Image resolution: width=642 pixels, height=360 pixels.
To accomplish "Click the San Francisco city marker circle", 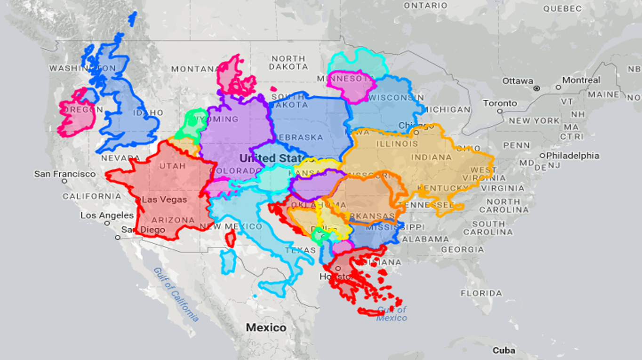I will tap(64, 181).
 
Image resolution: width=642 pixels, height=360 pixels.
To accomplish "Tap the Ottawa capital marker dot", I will tap(537, 88).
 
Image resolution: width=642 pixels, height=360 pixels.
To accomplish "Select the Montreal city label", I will tap(581, 80).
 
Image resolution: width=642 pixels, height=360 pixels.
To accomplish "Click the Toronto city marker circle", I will tap(500, 112).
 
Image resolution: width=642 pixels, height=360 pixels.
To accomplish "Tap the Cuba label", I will tap(504, 350).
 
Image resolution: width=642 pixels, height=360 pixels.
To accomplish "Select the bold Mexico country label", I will tap(266, 327).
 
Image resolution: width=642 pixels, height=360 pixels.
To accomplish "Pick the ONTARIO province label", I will tap(425, 6).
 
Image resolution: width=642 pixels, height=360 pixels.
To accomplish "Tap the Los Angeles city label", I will tap(107, 215).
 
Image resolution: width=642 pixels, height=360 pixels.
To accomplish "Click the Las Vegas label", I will tap(164, 199).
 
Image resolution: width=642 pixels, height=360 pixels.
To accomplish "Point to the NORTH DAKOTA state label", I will tap(289, 63).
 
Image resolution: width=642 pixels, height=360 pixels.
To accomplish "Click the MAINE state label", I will tap(603, 95).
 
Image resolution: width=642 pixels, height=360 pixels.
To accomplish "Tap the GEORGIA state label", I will tap(462, 249).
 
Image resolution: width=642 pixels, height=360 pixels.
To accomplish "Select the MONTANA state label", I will tap(194, 69).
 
